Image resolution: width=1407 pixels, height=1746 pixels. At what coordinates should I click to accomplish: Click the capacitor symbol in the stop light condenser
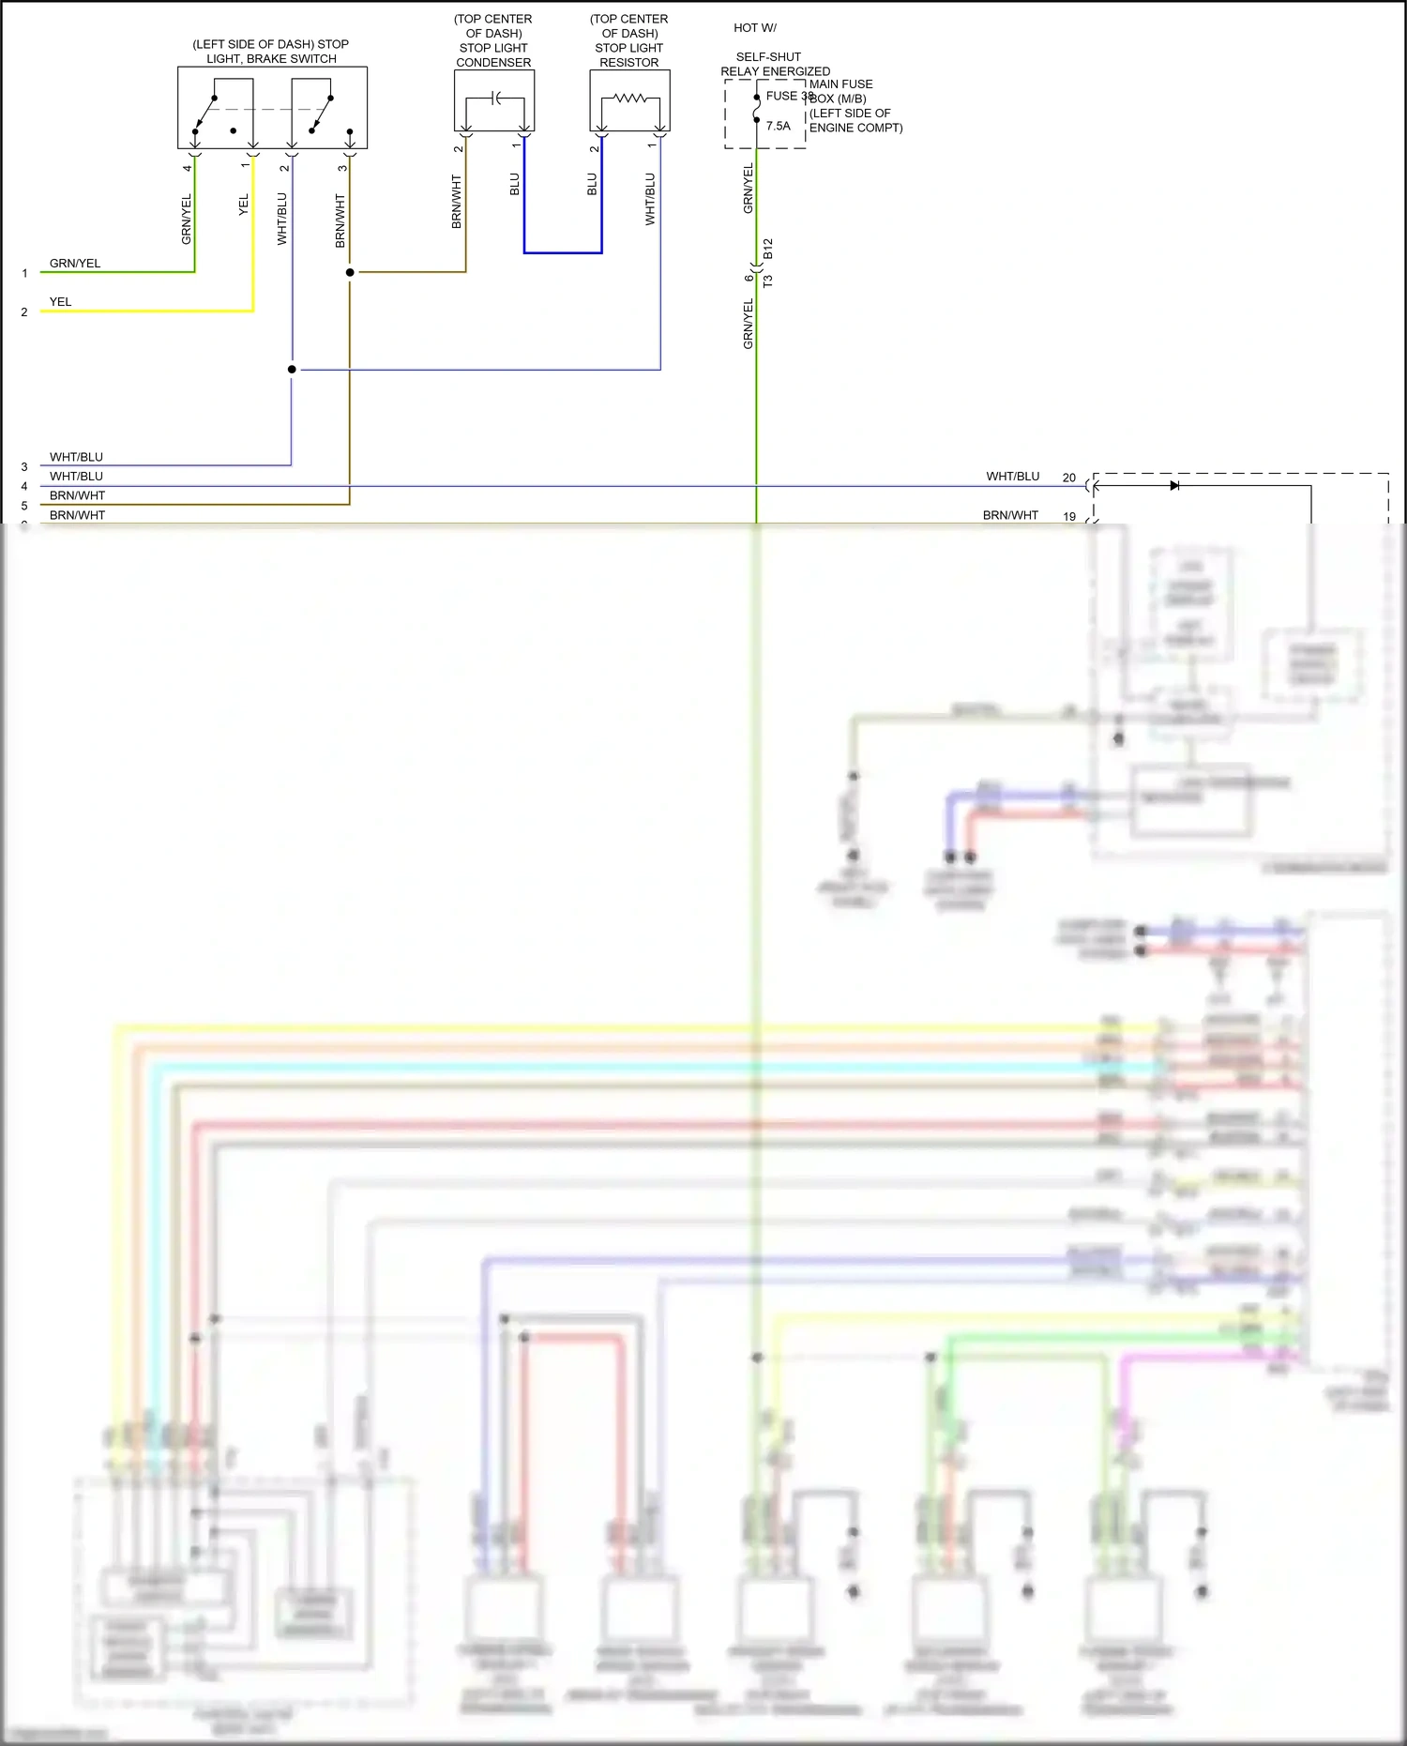point(496,99)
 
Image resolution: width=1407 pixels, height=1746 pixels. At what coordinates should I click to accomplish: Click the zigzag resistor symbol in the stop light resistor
point(629,98)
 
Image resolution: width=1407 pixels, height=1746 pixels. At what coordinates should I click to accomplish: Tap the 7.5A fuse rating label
point(778,126)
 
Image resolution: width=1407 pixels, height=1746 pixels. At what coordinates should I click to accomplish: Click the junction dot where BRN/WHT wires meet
point(350,272)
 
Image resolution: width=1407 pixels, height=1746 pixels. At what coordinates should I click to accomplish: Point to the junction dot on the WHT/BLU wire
point(292,370)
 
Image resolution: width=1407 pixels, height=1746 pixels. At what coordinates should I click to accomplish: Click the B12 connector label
point(768,249)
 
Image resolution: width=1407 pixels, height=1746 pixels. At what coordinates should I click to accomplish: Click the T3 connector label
point(768,281)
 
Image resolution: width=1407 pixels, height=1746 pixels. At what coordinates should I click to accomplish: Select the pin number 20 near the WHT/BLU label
point(1068,478)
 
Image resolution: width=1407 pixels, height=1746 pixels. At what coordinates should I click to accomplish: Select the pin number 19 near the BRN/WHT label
point(1068,516)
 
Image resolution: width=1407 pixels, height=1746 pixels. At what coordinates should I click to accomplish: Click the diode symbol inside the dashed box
point(1174,486)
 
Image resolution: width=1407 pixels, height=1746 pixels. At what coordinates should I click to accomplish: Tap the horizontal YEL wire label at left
point(60,302)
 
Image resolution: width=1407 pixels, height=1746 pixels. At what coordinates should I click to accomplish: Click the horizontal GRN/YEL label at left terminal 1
point(75,264)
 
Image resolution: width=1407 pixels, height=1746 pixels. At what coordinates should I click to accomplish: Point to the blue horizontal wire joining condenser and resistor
point(563,252)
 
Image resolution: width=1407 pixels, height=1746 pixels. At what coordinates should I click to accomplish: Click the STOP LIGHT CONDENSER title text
point(493,54)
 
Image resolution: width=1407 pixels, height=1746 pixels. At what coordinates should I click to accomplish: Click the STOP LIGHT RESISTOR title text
point(628,54)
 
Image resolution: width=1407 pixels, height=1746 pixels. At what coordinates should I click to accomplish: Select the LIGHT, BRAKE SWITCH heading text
point(271,58)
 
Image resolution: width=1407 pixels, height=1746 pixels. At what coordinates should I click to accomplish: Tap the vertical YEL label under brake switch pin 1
point(244,205)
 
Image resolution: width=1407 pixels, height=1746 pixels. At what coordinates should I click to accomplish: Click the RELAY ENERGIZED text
point(775,71)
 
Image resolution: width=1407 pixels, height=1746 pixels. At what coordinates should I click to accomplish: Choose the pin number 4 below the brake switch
point(187,168)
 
